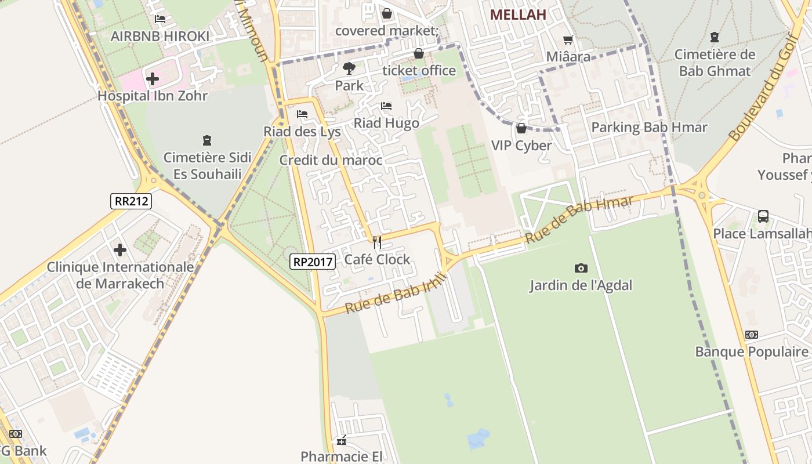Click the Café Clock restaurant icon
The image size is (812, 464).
[x=377, y=242]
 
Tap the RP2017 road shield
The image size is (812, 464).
[x=313, y=262]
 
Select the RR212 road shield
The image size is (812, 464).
[x=132, y=201]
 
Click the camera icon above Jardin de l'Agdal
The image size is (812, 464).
[x=581, y=268]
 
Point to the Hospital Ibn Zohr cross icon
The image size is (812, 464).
[x=153, y=78]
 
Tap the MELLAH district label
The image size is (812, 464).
[x=518, y=15]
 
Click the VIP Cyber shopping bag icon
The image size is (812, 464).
[x=521, y=128]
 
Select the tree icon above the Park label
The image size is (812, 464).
[x=349, y=68]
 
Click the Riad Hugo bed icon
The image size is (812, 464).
[x=386, y=106]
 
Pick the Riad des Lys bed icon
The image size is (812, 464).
[x=302, y=114]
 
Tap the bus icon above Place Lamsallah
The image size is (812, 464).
[x=763, y=216]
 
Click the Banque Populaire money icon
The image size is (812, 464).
[x=751, y=335]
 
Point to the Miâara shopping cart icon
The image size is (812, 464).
[x=568, y=39]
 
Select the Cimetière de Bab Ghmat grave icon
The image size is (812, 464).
[x=715, y=37]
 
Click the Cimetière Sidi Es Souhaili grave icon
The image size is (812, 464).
[x=207, y=140]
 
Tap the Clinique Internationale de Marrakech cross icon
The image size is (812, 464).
[x=120, y=250]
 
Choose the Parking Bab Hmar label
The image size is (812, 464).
[x=649, y=127]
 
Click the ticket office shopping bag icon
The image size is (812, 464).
[x=419, y=53]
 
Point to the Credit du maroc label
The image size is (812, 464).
[x=331, y=160]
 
